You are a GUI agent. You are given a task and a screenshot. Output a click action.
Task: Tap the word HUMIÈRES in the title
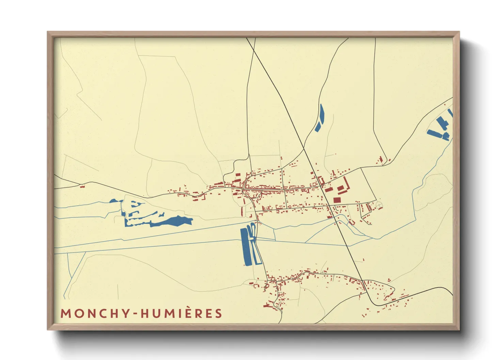point(182,313)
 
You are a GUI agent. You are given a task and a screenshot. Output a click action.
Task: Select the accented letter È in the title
point(190,313)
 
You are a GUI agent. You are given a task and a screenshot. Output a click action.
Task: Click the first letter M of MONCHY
point(65,313)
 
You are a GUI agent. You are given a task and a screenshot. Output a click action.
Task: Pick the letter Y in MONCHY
point(126,313)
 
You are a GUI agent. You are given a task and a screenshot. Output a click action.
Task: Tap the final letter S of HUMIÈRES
point(218,313)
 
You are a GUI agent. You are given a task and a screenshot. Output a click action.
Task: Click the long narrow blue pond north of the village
point(321,114)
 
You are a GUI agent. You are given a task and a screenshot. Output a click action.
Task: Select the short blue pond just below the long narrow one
point(317,127)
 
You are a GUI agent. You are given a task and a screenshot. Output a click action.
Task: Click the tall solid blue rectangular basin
point(245,247)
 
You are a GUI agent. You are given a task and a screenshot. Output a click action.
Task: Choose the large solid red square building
point(337,200)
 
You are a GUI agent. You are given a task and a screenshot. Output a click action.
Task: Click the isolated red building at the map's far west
point(82,186)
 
